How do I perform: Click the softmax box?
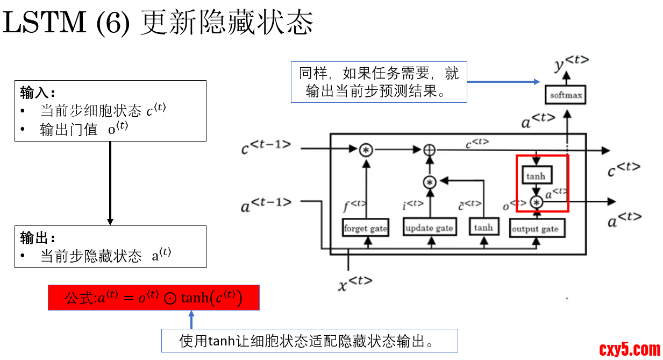[565, 96]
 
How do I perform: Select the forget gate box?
[366, 228]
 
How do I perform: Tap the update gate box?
[429, 228]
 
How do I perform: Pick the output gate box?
[535, 229]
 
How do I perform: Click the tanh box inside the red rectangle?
[536, 175]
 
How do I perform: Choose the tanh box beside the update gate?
[483, 228]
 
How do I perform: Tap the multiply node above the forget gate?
[366, 150]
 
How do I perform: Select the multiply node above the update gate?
[429, 182]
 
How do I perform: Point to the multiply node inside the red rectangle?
[536, 202]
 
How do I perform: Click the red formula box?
[154, 298]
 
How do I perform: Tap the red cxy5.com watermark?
[630, 349]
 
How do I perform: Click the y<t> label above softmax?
[571, 63]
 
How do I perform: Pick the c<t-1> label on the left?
[267, 147]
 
